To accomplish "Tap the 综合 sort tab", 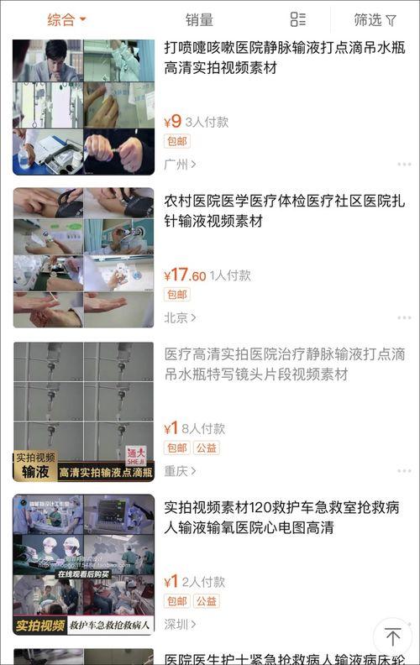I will (x=66, y=19).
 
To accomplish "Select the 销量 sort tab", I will (x=199, y=19).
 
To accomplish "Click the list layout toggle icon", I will (x=297, y=19).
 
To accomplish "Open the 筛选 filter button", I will (x=375, y=19).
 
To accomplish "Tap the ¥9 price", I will (x=172, y=121).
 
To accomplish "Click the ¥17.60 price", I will (x=185, y=275).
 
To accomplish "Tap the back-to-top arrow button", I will (x=392, y=636).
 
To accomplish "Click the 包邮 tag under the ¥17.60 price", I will (x=177, y=295).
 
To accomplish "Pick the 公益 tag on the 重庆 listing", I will (x=207, y=448).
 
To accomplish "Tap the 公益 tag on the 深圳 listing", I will (x=207, y=601).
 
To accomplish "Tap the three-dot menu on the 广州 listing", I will (x=405, y=164).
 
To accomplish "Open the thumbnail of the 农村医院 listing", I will (x=83, y=257).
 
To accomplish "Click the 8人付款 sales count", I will (x=203, y=428).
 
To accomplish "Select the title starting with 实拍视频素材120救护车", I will (x=281, y=517).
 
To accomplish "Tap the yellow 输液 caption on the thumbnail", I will (x=35, y=473).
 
